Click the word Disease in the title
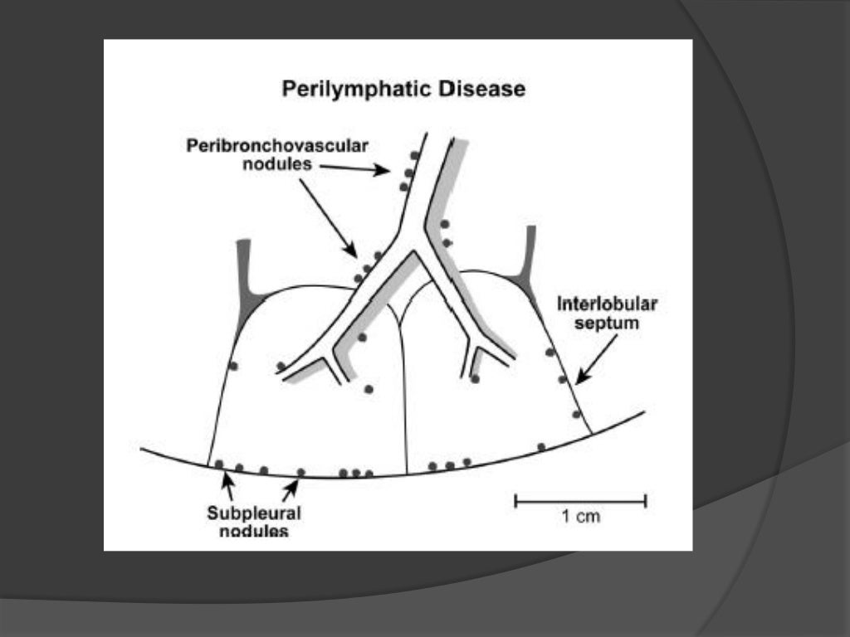(486, 89)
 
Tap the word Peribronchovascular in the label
(276, 146)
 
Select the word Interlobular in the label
(608, 304)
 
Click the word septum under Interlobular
(608, 323)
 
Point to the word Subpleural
(254, 513)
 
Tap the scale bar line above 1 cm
(580, 499)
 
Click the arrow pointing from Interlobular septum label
(590, 367)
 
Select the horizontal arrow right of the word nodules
(354, 168)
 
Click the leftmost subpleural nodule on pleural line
(220, 464)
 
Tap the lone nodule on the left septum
(233, 366)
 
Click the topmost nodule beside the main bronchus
(413, 155)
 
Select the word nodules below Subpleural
(254, 530)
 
